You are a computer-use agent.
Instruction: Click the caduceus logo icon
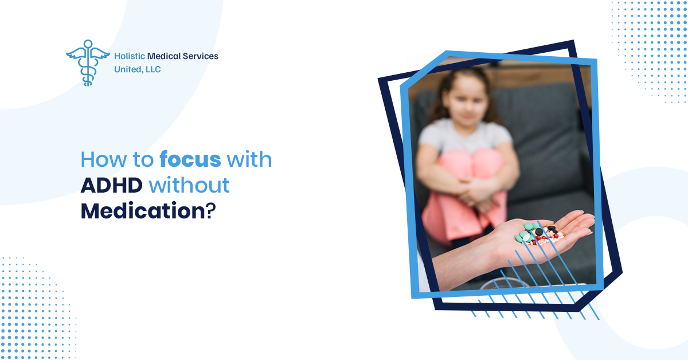[88, 63]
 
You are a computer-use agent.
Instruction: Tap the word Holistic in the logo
[130, 56]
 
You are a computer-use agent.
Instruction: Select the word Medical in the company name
[164, 56]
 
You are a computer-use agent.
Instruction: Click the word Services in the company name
[200, 56]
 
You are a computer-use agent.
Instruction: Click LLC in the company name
[153, 69]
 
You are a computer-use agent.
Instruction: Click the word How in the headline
[104, 160]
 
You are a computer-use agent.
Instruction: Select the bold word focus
[190, 159]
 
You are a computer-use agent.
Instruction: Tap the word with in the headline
[249, 159]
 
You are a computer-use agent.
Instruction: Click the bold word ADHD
[111, 186]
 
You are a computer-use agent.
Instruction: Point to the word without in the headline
[189, 185]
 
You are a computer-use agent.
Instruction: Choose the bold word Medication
[143, 211]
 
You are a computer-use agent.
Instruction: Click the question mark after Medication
[211, 211]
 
